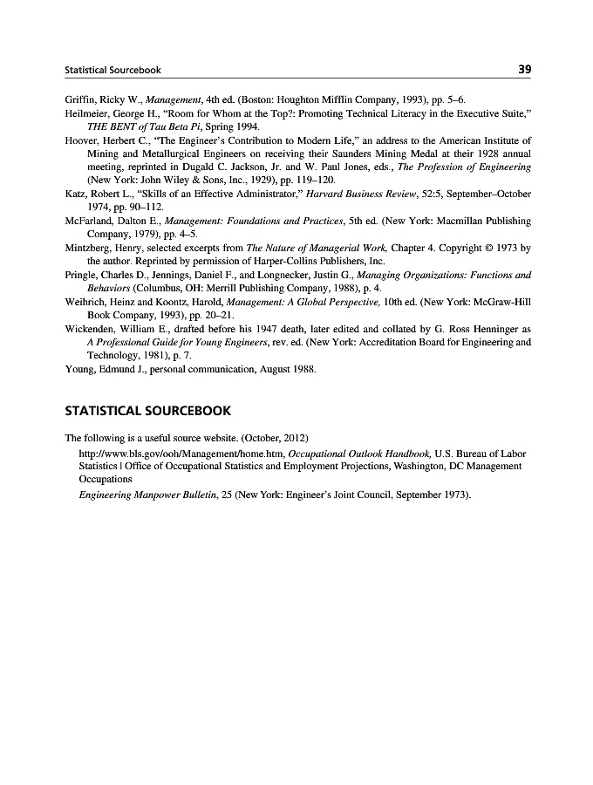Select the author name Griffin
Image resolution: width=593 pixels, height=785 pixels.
click(81, 100)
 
